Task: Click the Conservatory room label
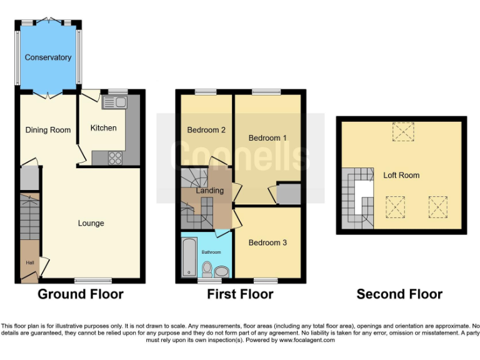pos(48,57)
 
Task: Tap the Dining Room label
pos(48,130)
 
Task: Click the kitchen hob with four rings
pos(115,158)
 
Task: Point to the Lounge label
pos(91,223)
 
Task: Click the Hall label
pos(29,263)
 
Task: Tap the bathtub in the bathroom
pos(189,256)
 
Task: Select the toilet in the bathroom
pos(207,269)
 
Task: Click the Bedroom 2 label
pos(206,130)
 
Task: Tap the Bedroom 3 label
pos(267,242)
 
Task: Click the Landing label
pos(209,191)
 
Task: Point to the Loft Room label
pos(401,176)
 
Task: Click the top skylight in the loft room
pos(401,131)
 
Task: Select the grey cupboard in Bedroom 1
pos(288,194)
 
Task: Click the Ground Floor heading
pos(81,294)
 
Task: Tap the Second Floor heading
pos(399,294)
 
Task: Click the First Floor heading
pos(240,294)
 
